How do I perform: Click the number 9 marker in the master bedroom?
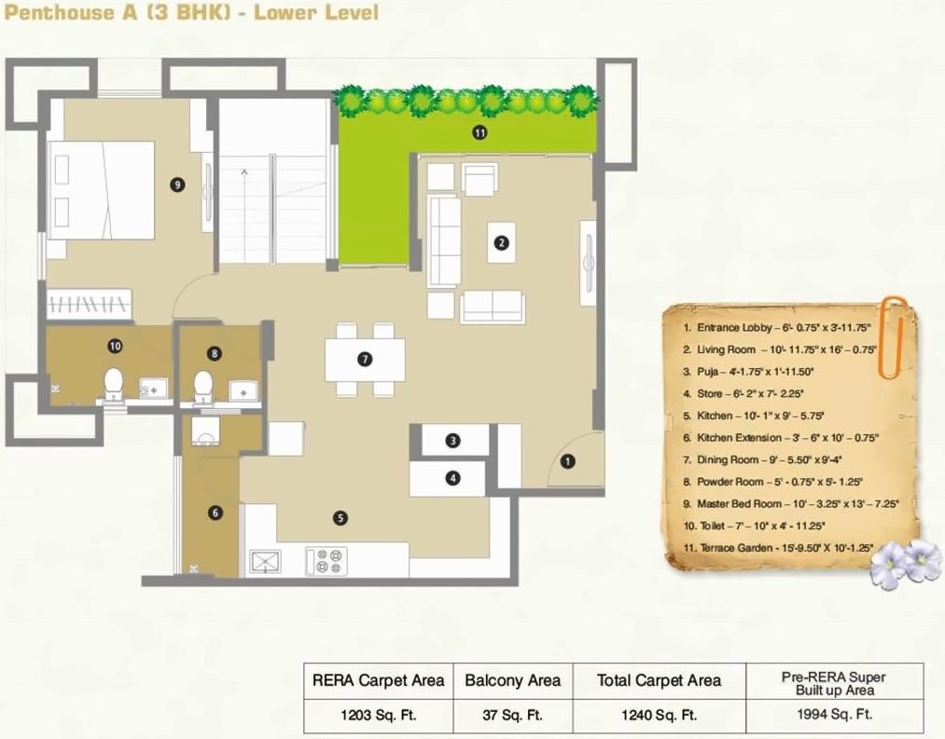[x=177, y=185]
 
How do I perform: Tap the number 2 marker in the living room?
[x=501, y=243]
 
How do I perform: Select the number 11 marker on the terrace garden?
[x=479, y=133]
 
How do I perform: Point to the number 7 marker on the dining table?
[x=365, y=359]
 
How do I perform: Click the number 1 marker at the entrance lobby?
[x=568, y=459]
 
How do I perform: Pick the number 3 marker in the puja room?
[x=452, y=441]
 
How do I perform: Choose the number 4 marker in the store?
[x=452, y=479]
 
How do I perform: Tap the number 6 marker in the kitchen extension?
[x=215, y=513]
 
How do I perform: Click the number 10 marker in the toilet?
[x=115, y=346]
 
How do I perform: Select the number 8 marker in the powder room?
[x=215, y=353]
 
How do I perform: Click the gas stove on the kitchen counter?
[x=327, y=561]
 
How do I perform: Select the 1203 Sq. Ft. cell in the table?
[x=378, y=716]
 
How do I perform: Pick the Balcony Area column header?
[x=513, y=680]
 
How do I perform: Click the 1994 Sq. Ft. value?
[x=835, y=716]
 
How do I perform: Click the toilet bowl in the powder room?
[x=202, y=385]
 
